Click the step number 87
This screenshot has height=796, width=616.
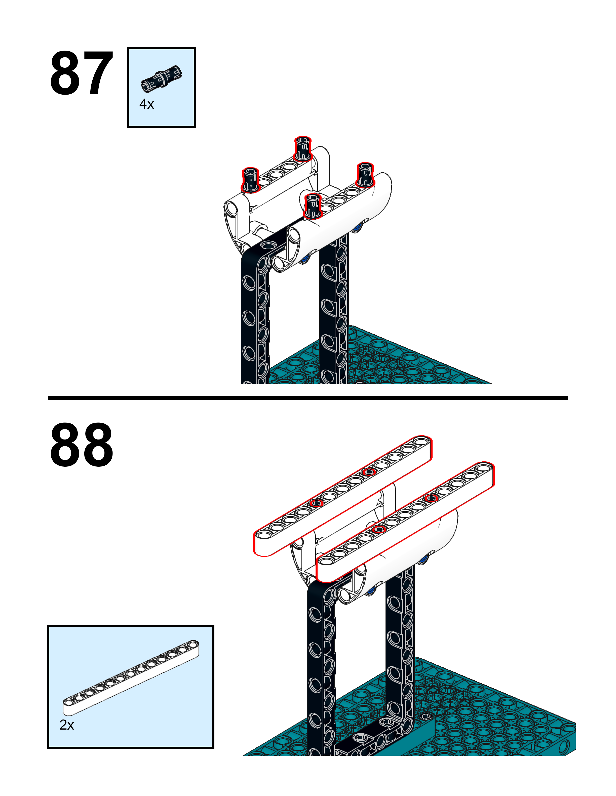(x=81, y=74)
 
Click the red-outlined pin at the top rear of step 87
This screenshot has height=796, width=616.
(x=302, y=149)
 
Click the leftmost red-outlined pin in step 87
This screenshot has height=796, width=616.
(x=250, y=180)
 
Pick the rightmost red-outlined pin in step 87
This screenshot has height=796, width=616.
(x=365, y=175)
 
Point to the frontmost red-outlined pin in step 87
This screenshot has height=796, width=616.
(x=312, y=206)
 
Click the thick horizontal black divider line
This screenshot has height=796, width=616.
(x=308, y=398)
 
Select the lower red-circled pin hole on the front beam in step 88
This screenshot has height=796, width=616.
(x=379, y=529)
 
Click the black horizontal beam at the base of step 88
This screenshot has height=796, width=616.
(x=368, y=740)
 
